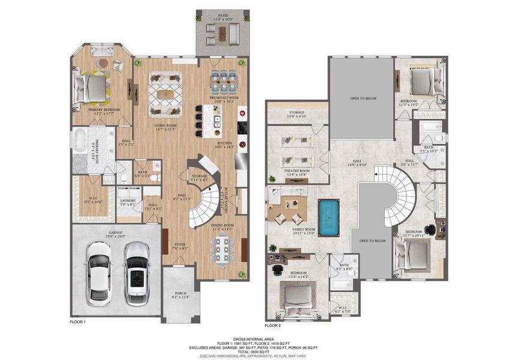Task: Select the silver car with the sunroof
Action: (137, 273)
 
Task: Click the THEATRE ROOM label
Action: (296, 170)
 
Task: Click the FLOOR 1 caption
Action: (77, 322)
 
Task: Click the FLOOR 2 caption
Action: (272, 325)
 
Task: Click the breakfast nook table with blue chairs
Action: (225, 80)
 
